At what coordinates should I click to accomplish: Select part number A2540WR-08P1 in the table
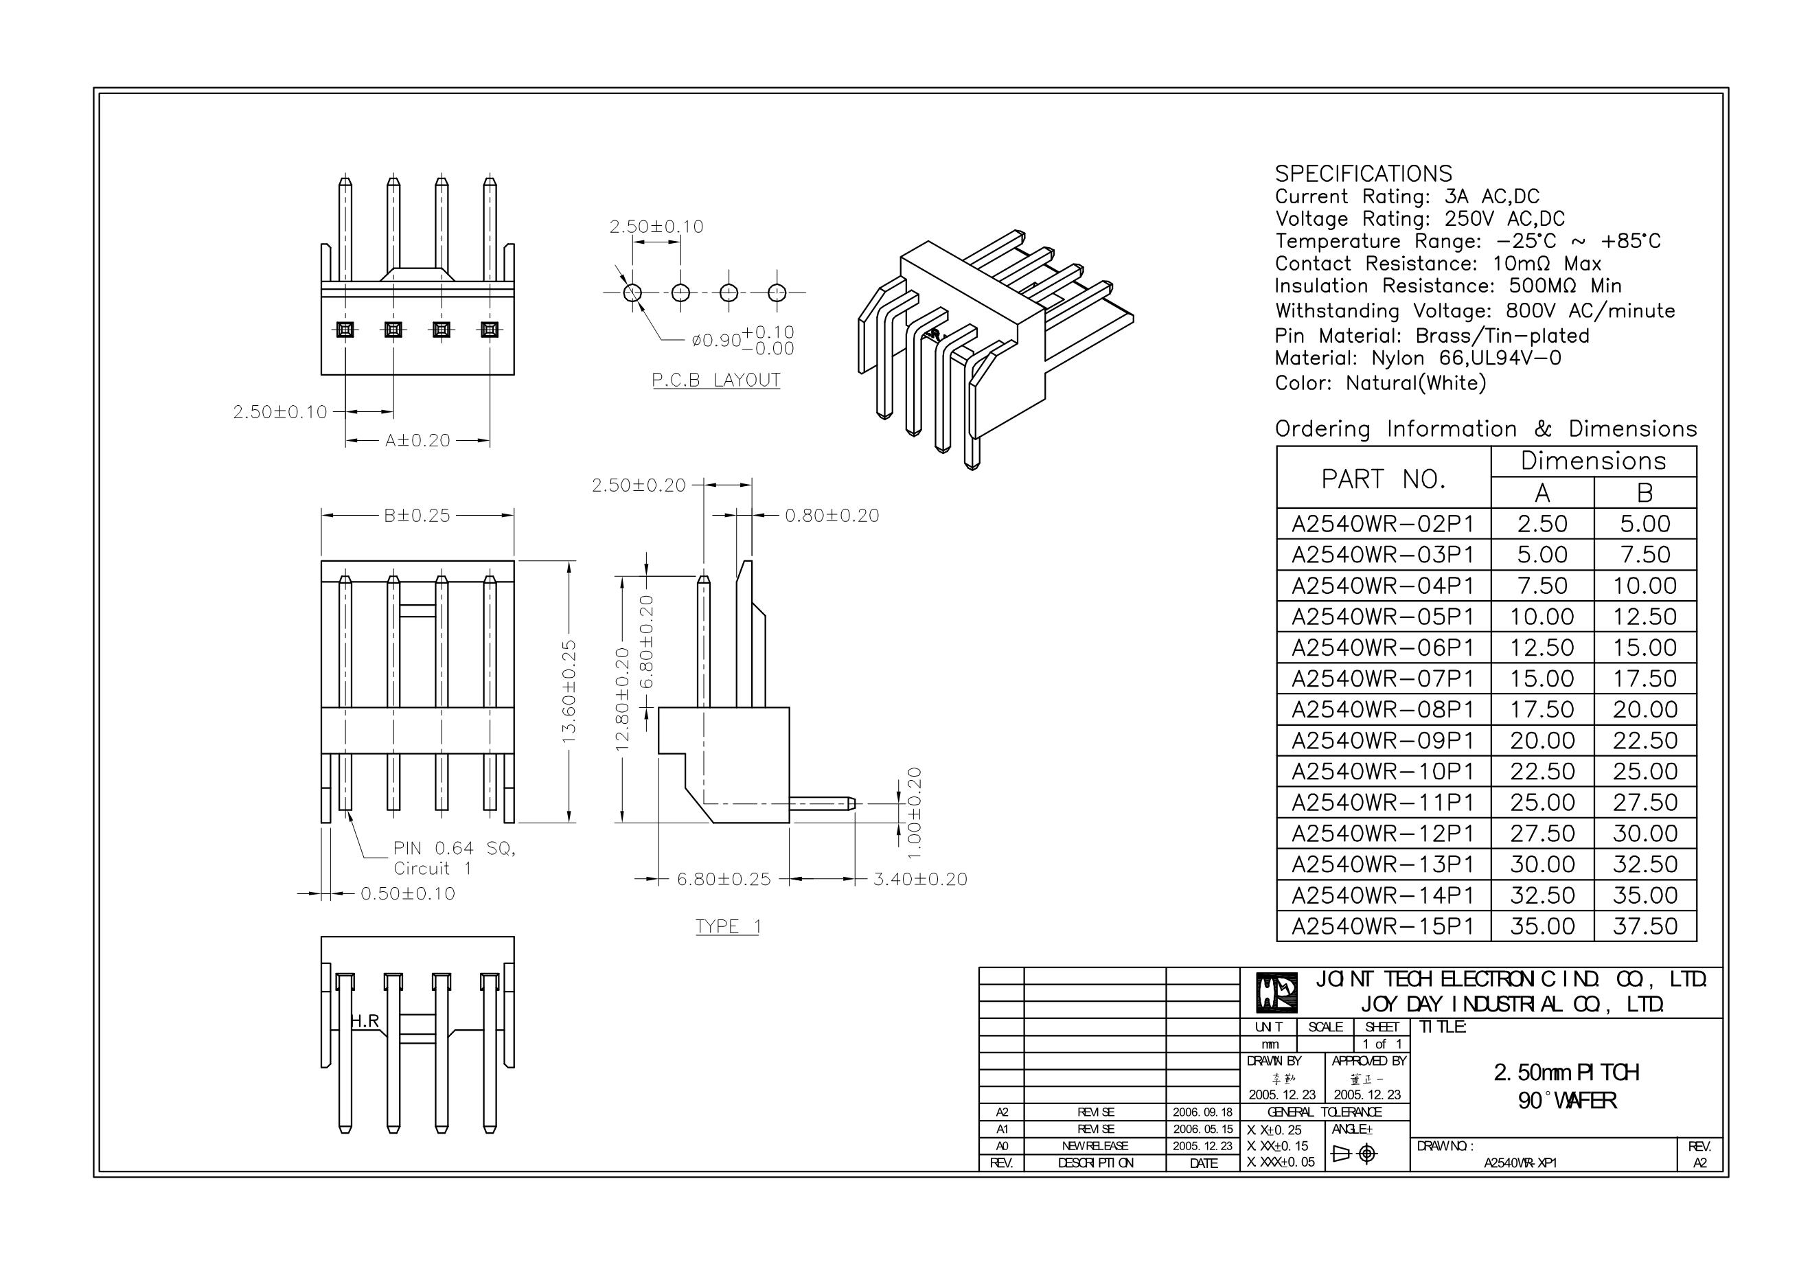point(1383,709)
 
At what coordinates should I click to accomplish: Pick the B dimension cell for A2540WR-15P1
point(1645,926)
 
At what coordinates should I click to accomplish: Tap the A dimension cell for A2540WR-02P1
point(1542,523)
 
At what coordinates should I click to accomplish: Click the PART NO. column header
point(1383,478)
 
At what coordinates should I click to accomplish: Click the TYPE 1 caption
point(728,926)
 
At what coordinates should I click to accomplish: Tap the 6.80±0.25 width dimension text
point(724,879)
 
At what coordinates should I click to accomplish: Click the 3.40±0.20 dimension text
point(920,879)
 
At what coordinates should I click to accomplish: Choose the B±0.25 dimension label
point(417,516)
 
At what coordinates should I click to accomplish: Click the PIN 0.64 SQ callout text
point(455,848)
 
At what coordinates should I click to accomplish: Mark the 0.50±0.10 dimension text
point(407,893)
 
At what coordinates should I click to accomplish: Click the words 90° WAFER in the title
point(1566,1101)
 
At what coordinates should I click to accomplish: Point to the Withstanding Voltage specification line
point(1475,311)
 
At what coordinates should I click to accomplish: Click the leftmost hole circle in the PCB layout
point(632,293)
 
